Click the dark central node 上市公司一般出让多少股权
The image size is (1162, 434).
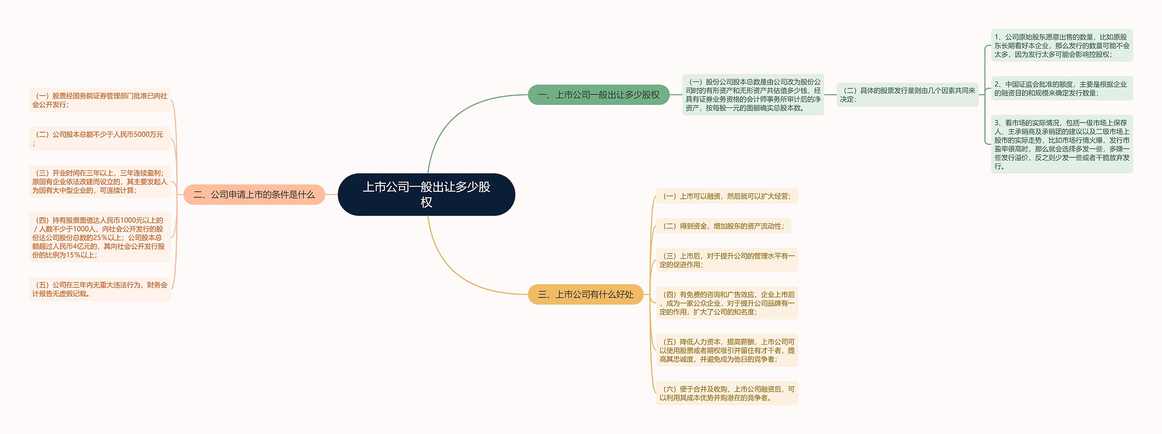tap(426, 195)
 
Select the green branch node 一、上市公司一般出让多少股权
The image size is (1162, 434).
tap(598, 95)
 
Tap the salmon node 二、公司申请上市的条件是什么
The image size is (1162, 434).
tap(254, 195)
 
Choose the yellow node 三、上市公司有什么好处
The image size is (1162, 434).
tap(586, 294)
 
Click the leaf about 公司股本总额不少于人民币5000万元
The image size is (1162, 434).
tap(100, 139)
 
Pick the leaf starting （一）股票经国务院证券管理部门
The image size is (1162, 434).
tap(100, 100)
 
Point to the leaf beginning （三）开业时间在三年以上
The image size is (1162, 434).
tap(100, 181)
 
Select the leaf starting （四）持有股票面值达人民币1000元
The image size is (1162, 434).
tap(100, 238)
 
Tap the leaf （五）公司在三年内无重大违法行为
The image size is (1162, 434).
tap(100, 289)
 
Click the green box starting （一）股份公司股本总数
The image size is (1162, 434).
tap(753, 95)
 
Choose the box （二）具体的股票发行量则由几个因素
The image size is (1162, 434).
tap(907, 95)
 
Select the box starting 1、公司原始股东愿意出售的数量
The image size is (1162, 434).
tap(1062, 45)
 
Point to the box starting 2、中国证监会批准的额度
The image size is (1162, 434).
tap(1062, 88)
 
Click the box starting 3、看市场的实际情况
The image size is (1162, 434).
tap(1062, 144)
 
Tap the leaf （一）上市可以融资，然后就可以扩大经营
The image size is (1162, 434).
tap(727, 196)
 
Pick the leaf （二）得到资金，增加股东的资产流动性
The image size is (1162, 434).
tap(724, 226)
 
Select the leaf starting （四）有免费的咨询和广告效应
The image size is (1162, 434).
tap(727, 303)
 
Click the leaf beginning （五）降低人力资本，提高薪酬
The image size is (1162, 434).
tap(727, 350)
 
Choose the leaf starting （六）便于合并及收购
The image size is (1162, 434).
tap(727, 393)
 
